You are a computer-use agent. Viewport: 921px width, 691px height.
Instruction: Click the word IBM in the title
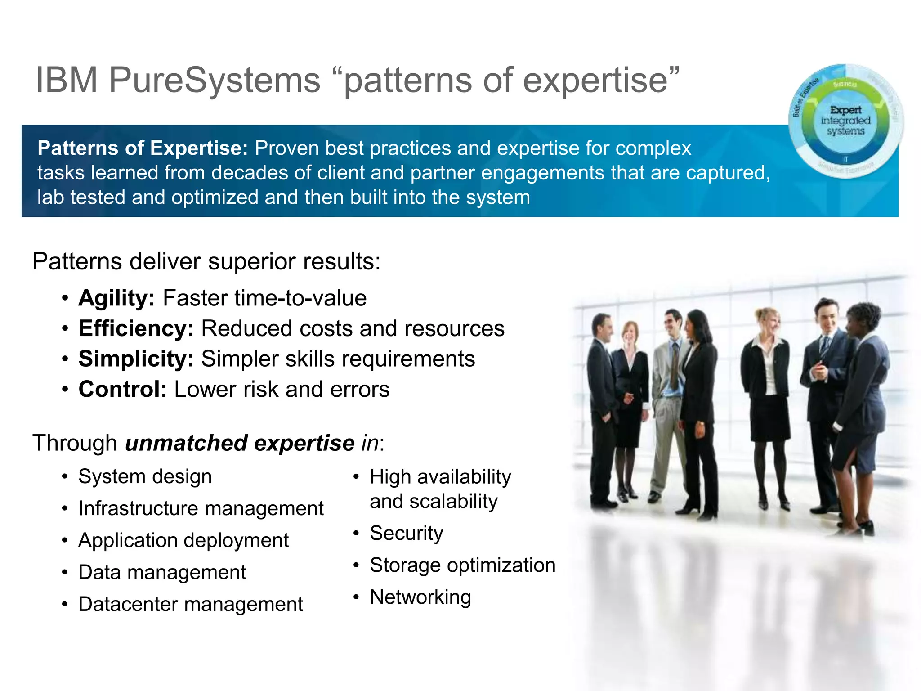(67, 80)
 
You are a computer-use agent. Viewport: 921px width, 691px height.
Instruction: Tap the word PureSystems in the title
(215, 80)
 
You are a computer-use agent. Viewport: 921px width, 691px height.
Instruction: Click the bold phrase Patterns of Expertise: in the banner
(143, 148)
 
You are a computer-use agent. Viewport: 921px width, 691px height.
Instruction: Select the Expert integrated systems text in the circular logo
(845, 121)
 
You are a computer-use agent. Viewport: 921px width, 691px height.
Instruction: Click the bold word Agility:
(116, 298)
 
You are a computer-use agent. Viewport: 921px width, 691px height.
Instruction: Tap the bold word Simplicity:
(136, 359)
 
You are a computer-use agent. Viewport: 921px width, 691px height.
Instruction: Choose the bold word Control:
(122, 390)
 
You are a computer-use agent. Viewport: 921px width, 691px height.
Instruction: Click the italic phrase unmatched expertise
(240, 443)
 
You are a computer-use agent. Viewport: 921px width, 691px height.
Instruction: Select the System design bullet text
(145, 476)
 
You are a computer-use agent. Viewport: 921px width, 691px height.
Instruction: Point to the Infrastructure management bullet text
(201, 508)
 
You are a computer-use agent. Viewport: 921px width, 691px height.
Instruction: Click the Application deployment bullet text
(183, 540)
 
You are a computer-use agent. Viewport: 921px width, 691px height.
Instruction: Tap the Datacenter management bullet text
(191, 604)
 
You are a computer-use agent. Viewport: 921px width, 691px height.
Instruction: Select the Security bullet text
(407, 533)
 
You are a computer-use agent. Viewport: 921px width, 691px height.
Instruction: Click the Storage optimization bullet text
(462, 565)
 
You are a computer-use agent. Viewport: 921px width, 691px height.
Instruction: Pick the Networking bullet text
(420, 597)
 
